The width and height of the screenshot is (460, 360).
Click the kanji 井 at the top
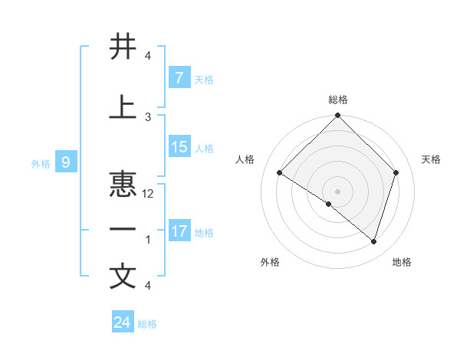pyautogui.click(x=123, y=47)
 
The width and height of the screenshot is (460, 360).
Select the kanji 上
pyautogui.click(x=123, y=108)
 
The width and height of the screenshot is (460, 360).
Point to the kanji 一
pyautogui.click(x=123, y=230)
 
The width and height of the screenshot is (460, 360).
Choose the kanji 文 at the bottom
pyautogui.click(x=123, y=277)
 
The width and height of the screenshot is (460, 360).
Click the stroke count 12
pyautogui.click(x=149, y=194)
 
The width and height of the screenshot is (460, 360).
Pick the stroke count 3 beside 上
pyautogui.click(x=149, y=116)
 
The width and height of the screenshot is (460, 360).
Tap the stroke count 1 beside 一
pyautogui.click(x=148, y=240)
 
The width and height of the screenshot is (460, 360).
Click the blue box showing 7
pyautogui.click(x=179, y=77)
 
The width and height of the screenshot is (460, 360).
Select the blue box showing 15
pyautogui.click(x=179, y=147)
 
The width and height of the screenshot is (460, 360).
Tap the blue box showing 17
pyautogui.click(x=179, y=231)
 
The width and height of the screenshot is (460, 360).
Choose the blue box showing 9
pyautogui.click(x=66, y=162)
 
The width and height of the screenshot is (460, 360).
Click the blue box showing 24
pyautogui.click(x=122, y=322)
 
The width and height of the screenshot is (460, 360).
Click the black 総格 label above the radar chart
pyautogui.click(x=337, y=100)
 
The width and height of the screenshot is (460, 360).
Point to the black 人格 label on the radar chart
pyautogui.click(x=245, y=159)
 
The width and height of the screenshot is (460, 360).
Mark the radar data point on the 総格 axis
pyautogui.click(x=337, y=116)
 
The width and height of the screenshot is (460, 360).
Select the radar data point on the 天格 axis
pyautogui.click(x=396, y=172)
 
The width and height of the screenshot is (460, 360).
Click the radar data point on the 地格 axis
pyautogui.click(x=373, y=241)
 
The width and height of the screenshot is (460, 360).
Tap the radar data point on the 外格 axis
pyautogui.click(x=329, y=204)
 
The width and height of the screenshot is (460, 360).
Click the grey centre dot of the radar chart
pyautogui.click(x=337, y=191)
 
